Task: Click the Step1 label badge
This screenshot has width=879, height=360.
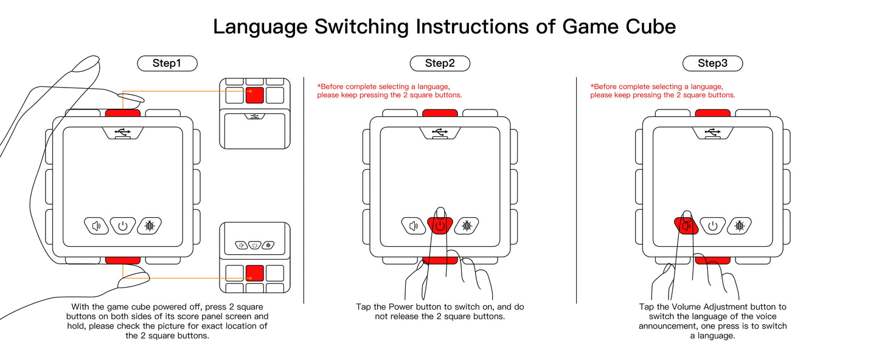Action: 167,63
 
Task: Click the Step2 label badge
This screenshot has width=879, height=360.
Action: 440,63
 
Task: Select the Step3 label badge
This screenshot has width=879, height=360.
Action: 712,63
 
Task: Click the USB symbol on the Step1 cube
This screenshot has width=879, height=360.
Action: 122,132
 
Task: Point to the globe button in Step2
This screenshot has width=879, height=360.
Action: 467,226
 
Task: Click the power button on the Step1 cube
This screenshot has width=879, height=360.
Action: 123,226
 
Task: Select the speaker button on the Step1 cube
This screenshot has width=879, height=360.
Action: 96,226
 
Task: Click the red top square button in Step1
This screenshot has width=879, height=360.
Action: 123,113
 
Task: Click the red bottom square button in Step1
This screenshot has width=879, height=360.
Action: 123,260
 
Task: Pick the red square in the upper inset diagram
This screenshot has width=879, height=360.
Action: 255,95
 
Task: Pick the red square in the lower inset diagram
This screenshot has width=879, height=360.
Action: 255,272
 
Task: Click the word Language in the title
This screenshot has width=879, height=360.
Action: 259,27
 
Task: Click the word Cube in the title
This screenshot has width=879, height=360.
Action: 653,27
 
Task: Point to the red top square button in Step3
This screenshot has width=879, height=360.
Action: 712,113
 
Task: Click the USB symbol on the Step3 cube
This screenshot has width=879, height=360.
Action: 712,132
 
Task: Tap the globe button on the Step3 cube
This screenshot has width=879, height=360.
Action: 740,226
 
